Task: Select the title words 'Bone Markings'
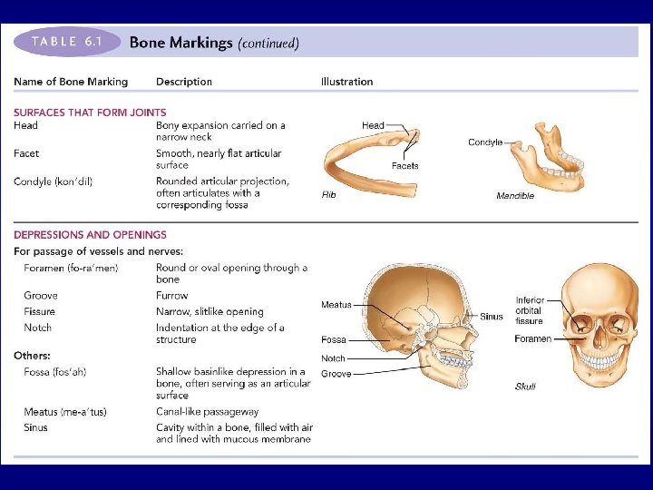pyautogui.click(x=180, y=43)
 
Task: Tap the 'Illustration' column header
pyautogui.click(x=346, y=82)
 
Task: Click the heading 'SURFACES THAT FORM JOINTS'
pyautogui.click(x=77, y=113)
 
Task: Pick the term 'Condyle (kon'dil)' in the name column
pyautogui.click(x=53, y=181)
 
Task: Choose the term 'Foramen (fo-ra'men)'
pyautogui.click(x=71, y=268)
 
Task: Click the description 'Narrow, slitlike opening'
pyautogui.click(x=210, y=311)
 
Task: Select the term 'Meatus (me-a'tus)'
pyautogui.click(x=65, y=412)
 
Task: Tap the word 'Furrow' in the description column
pyautogui.click(x=172, y=296)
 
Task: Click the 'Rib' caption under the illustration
pyautogui.click(x=329, y=195)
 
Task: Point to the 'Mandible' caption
pyautogui.click(x=515, y=196)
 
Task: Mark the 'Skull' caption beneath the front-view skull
pyautogui.click(x=525, y=387)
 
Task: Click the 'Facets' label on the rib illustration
pyautogui.click(x=404, y=166)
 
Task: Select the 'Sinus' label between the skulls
pyautogui.click(x=492, y=317)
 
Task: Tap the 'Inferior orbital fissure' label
pyautogui.click(x=530, y=310)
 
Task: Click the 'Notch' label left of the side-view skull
pyautogui.click(x=333, y=358)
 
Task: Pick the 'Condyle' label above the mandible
pyautogui.click(x=485, y=142)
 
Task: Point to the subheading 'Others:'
pyautogui.click(x=32, y=355)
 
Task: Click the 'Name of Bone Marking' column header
pyautogui.click(x=71, y=82)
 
